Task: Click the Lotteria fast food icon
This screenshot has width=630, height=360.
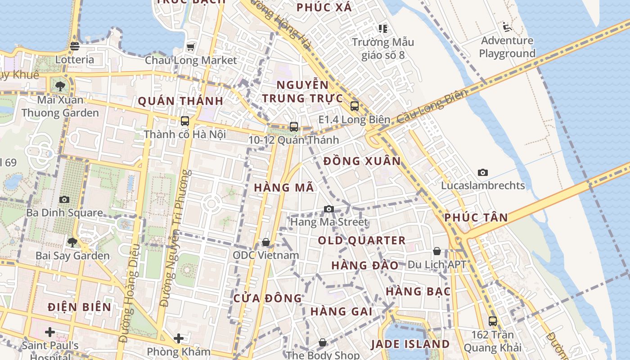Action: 75,46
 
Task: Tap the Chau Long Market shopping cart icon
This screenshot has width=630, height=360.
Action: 190,47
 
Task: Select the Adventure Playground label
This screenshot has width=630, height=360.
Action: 507,47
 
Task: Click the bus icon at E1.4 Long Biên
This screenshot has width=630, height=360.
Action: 355,106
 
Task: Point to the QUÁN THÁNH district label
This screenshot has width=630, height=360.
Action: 180,101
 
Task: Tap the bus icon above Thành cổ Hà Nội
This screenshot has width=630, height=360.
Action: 184,121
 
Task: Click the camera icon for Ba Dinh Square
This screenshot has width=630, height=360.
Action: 64,199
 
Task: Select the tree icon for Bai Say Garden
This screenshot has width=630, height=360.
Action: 72,243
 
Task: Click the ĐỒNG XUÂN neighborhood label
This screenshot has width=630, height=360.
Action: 362,161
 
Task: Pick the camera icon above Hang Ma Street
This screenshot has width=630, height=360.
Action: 329,209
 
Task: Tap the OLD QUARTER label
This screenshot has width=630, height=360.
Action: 362,240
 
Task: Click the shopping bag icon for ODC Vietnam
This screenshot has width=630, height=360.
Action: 266,243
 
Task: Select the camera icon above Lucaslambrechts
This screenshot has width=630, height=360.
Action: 483,172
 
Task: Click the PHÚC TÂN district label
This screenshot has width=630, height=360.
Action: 476,217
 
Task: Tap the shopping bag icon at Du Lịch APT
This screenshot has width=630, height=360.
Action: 437,251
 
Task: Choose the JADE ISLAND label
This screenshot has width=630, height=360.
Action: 410,344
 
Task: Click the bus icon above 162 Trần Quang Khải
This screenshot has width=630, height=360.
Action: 493,321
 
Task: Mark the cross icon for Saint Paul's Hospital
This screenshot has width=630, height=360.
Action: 50,332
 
